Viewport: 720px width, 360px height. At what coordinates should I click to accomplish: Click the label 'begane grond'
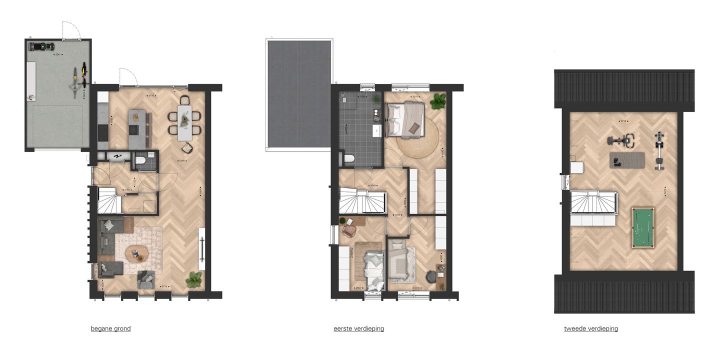pyautogui.click(x=110, y=328)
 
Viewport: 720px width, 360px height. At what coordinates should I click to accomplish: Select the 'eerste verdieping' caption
pyautogui.click(x=358, y=328)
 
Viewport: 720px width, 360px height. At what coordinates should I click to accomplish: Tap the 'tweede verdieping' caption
pyautogui.click(x=590, y=328)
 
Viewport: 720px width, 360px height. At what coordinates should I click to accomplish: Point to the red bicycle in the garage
pyautogui.click(x=83, y=73)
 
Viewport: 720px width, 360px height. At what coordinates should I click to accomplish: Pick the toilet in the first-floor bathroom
pyautogui.click(x=349, y=159)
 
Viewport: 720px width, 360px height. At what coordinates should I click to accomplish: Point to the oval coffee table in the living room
pyautogui.click(x=136, y=253)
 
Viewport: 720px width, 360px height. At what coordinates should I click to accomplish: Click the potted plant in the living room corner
pyautogui.click(x=194, y=279)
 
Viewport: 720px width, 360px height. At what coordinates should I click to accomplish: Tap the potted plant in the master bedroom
pyautogui.click(x=438, y=101)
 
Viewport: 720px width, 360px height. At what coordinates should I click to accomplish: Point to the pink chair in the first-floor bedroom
pyautogui.click(x=349, y=230)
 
